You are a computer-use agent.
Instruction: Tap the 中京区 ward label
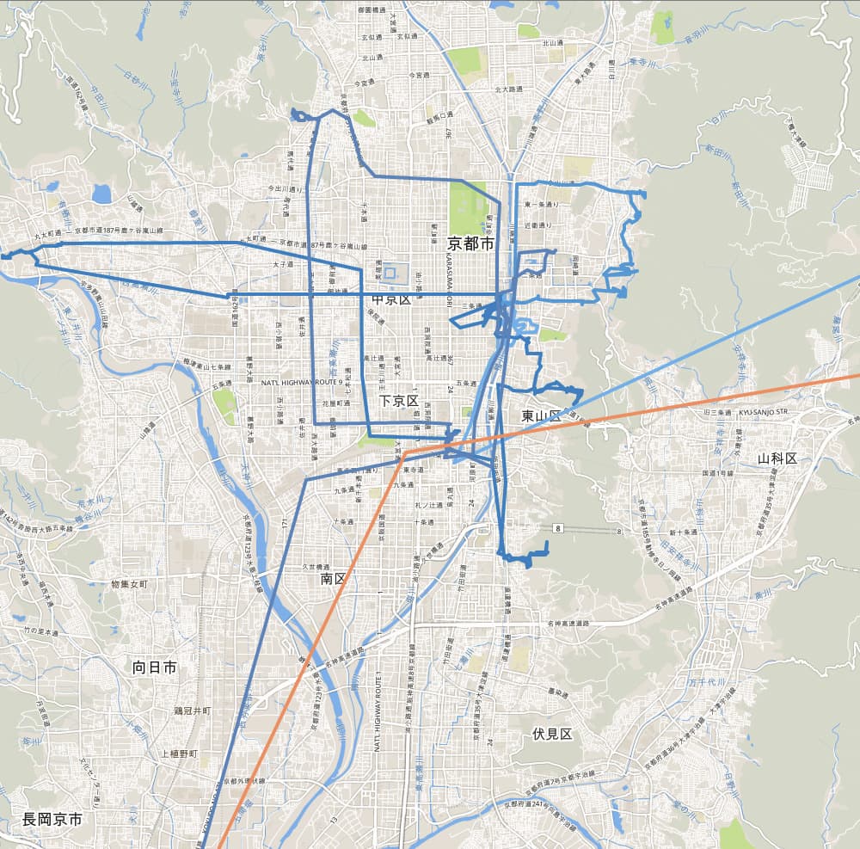[391, 300]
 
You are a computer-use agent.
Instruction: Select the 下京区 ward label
[398, 401]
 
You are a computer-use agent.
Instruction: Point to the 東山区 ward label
[540, 416]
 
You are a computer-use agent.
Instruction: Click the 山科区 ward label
[777, 458]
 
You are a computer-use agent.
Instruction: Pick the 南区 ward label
[333, 579]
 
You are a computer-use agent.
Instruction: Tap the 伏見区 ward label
[551, 734]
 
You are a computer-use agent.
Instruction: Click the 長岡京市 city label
[52, 820]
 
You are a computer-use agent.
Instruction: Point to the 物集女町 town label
[129, 585]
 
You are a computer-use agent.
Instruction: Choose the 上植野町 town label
[179, 754]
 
